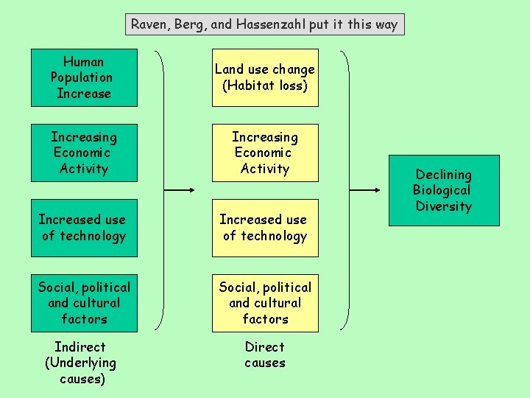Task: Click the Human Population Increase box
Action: pyautogui.click(x=84, y=77)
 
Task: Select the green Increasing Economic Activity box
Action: pyautogui.click(x=84, y=153)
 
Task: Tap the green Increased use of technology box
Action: pyautogui.click(x=84, y=228)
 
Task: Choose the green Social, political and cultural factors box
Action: pyautogui.click(x=84, y=303)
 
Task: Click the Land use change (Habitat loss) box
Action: pyautogui.click(x=265, y=77)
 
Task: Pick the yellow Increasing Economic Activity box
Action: pyautogui.click(x=265, y=153)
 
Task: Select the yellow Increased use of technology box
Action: pyautogui.click(x=265, y=228)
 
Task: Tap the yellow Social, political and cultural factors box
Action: pyautogui.click(x=265, y=303)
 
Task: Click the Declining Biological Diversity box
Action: pyautogui.click(x=444, y=190)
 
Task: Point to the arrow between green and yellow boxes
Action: pyautogui.click(x=179, y=190)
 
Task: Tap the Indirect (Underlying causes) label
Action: pyautogui.click(x=81, y=363)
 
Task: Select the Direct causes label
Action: pyautogui.click(x=265, y=355)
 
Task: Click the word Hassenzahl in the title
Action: pyautogui.click(x=269, y=24)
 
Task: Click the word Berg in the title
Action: pyautogui.click(x=191, y=24)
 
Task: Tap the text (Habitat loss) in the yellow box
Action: pyautogui.click(x=265, y=85)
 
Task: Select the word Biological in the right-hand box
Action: pyautogui.click(x=442, y=190)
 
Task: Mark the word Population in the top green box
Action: pyautogui.click(x=82, y=77)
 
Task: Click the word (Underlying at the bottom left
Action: pyautogui.click(x=81, y=363)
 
